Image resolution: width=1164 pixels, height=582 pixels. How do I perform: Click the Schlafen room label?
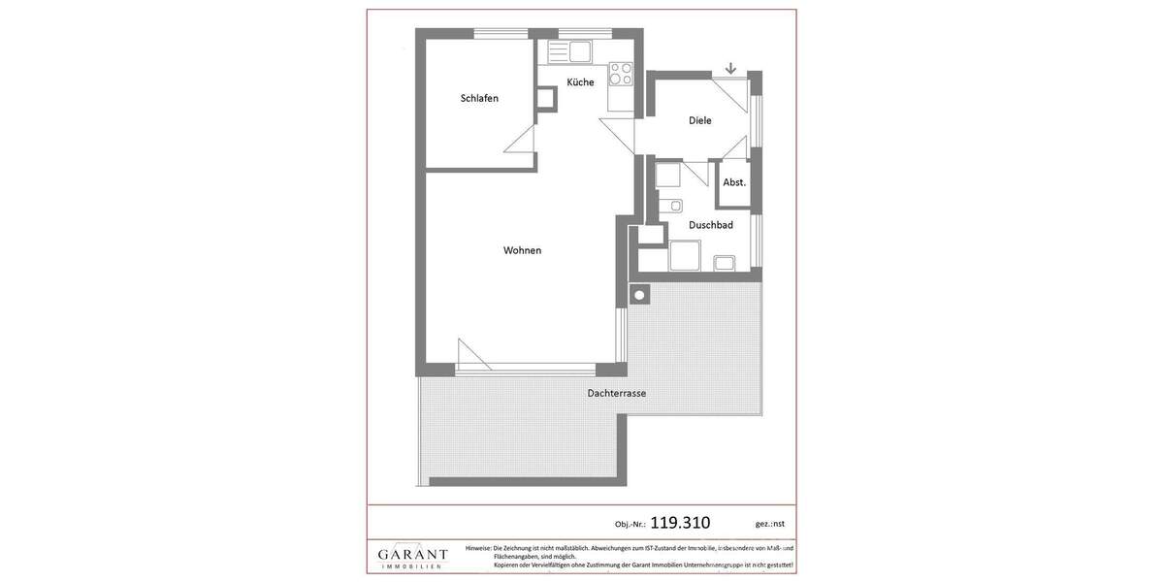pyautogui.click(x=479, y=98)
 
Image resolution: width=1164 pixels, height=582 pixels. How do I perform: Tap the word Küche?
pyautogui.click(x=580, y=82)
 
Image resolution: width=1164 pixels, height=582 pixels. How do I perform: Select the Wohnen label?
pyautogui.click(x=522, y=250)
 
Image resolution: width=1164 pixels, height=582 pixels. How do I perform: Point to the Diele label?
pyautogui.click(x=699, y=120)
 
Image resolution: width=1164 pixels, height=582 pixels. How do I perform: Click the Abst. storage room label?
pyautogui.click(x=734, y=182)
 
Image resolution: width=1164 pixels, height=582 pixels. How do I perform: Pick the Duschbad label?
pyautogui.click(x=710, y=225)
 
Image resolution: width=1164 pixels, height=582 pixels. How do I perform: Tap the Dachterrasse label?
pyautogui.click(x=616, y=393)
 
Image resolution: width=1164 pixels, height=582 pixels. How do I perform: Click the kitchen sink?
pyautogui.click(x=578, y=50)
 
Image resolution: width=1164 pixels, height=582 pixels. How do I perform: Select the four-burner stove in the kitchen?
pyautogui.click(x=620, y=74)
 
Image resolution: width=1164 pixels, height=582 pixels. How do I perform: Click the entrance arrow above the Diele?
pyautogui.click(x=730, y=68)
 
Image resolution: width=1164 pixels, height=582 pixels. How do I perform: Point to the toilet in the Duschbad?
pyautogui.click(x=671, y=206)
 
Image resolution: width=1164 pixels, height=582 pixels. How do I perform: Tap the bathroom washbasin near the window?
pyautogui.click(x=724, y=262)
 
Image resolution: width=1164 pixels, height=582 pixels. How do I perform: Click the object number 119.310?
pyautogui.click(x=680, y=523)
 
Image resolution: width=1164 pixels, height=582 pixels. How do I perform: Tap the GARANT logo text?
pyautogui.click(x=412, y=555)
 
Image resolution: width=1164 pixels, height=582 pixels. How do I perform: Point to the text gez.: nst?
pyautogui.click(x=770, y=524)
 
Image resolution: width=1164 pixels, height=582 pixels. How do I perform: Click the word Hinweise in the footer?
pyautogui.click(x=478, y=548)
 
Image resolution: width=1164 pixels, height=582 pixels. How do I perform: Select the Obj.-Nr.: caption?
pyautogui.click(x=630, y=525)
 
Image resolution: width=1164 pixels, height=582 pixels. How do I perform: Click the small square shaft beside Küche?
pyautogui.click(x=546, y=99)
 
